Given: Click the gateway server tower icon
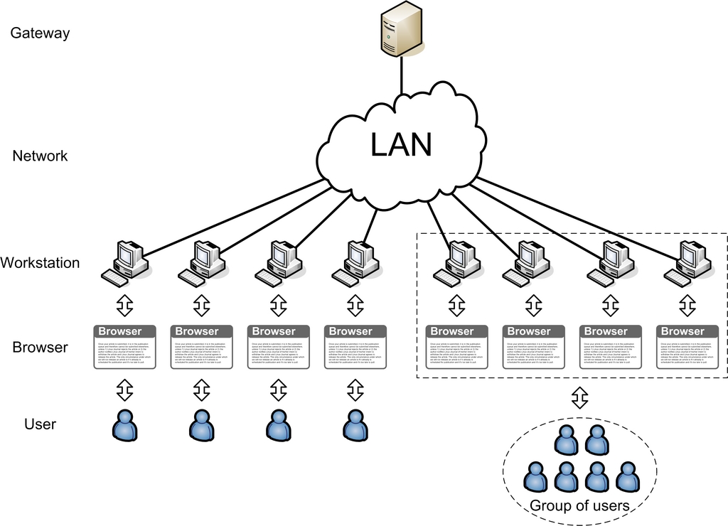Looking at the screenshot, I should pos(400,29).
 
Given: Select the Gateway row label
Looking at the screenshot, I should pos(40,33).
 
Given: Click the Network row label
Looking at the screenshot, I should pos(40,156).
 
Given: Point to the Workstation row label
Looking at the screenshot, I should pos(40,262).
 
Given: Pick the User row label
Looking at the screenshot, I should pos(40,424).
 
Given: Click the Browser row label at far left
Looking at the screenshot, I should pos(40,348).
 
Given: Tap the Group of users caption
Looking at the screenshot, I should pos(579,506).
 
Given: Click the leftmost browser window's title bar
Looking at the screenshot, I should pos(125,331).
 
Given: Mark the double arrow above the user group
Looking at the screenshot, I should pos(580,398).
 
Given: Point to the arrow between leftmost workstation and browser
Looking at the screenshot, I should pos(125,305).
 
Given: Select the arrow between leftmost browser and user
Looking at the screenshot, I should pos(125,390).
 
